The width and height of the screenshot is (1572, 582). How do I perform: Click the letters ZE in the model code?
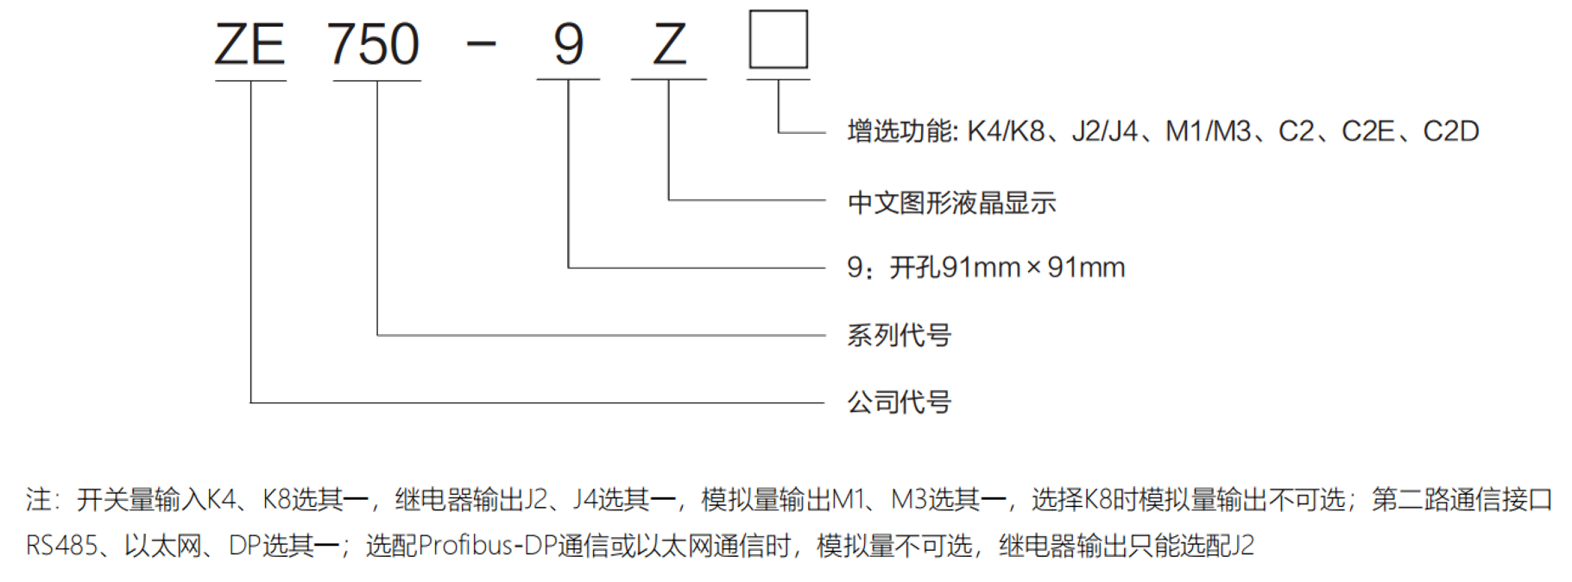point(249,45)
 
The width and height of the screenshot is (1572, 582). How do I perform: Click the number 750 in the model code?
point(376,45)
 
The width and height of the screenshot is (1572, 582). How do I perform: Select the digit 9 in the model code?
point(569,45)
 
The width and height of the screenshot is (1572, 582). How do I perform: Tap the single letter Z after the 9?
point(669,45)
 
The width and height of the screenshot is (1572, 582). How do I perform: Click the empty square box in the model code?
point(779,39)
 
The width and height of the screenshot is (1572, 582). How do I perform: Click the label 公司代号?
point(899,402)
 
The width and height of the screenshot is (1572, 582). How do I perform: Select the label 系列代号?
point(899,335)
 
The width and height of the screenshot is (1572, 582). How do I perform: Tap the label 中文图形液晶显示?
point(952,202)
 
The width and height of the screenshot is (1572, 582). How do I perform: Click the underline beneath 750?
point(376,79)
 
